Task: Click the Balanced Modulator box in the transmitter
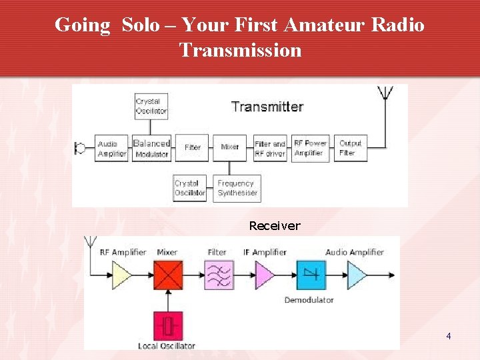(x=151, y=149)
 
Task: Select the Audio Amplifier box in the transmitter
(x=111, y=149)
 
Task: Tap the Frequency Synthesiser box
(x=237, y=188)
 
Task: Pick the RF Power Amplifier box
(x=311, y=148)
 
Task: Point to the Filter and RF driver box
(x=270, y=148)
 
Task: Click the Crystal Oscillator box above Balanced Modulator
(x=151, y=107)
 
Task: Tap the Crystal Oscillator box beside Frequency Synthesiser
(x=189, y=188)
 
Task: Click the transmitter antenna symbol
(x=385, y=93)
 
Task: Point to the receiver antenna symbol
(x=89, y=244)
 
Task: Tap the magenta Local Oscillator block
(x=168, y=326)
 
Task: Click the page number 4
(x=449, y=336)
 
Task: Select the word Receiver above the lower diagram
(x=275, y=226)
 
